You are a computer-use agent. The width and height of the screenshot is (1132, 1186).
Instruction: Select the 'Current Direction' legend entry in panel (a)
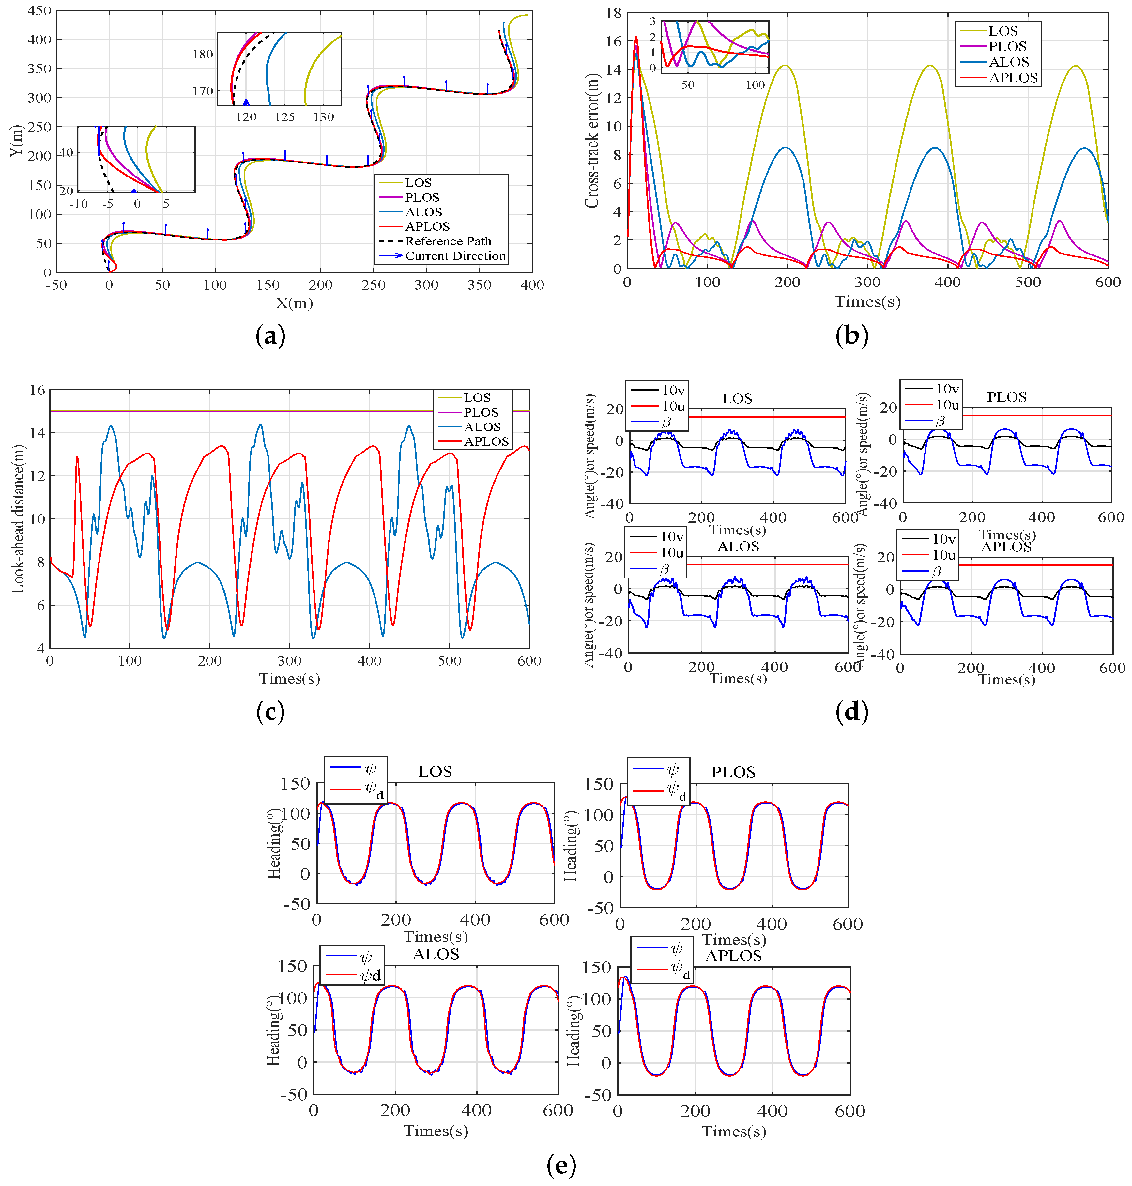(x=455, y=256)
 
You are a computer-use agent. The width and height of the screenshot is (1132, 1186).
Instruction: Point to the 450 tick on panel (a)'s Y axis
(x=40, y=11)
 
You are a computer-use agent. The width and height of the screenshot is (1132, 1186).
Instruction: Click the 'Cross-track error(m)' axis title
(x=592, y=141)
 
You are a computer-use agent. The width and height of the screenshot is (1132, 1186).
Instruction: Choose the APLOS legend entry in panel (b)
(x=1013, y=78)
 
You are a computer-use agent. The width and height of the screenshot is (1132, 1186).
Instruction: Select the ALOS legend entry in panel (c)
(x=482, y=427)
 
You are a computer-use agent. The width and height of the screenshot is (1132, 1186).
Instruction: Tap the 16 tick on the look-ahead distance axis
(x=38, y=390)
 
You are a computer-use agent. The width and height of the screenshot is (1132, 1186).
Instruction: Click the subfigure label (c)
(x=270, y=712)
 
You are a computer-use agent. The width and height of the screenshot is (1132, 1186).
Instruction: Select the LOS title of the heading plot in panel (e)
(x=435, y=771)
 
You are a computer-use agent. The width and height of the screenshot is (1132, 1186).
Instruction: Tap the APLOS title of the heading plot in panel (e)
(x=733, y=955)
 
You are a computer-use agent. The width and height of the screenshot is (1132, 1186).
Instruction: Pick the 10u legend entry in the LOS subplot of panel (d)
(x=673, y=406)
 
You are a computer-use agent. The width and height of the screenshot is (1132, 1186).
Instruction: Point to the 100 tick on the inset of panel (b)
(x=755, y=85)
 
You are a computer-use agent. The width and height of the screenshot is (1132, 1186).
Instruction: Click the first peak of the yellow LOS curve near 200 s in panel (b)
(x=785, y=65)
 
